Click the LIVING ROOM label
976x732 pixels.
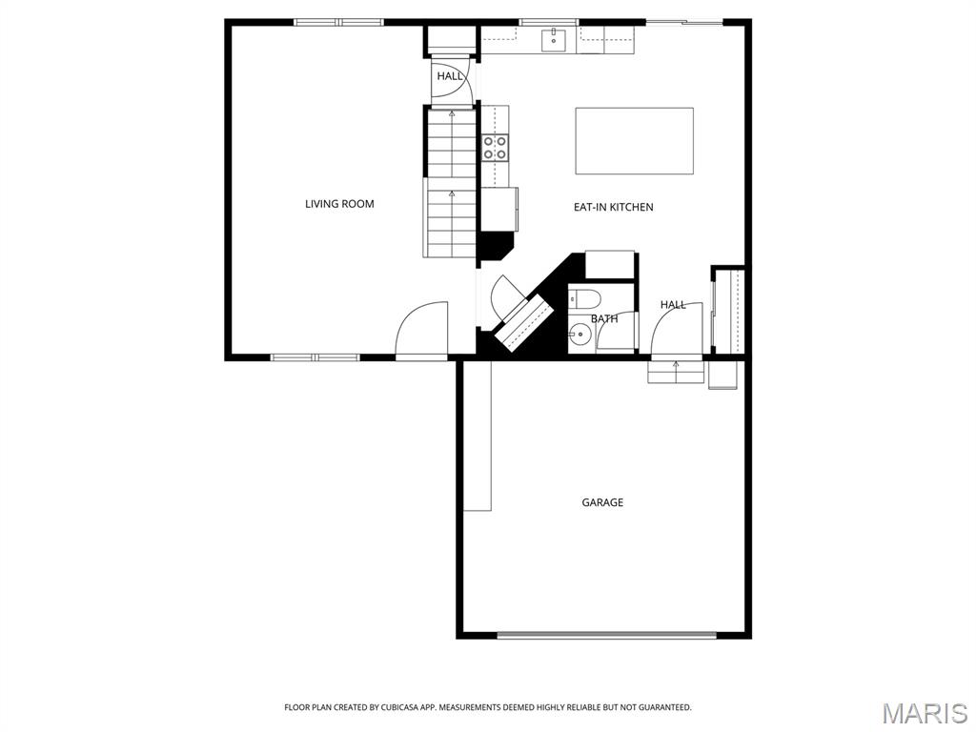(339, 204)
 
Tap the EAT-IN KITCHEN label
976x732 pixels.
(613, 207)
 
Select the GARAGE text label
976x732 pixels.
(602, 502)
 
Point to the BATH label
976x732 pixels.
(603, 319)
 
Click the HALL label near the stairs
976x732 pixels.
(450, 76)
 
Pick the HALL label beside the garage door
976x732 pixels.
(673, 305)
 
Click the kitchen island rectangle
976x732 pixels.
(634, 141)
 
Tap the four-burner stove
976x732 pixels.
(495, 147)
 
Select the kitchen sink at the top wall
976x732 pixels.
(554, 39)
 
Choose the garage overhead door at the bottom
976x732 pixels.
(606, 635)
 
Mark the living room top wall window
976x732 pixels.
(338, 22)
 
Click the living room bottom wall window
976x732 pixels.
(315, 357)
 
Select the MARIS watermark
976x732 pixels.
(925, 713)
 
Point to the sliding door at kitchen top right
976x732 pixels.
(684, 22)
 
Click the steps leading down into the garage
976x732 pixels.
(676, 372)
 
